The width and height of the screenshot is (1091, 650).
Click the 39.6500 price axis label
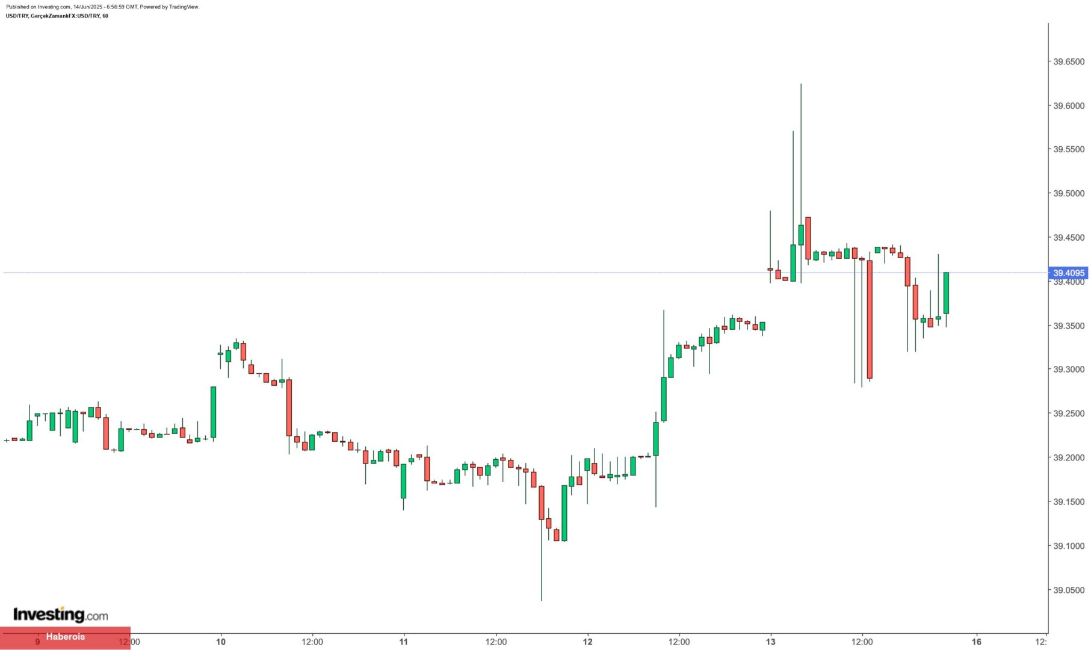(1068, 61)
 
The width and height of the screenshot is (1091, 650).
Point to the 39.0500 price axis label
(1068, 590)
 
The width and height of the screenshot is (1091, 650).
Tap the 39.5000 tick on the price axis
(1068, 193)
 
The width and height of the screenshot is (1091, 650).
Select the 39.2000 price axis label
(1068, 457)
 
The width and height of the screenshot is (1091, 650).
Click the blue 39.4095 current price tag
(1068, 273)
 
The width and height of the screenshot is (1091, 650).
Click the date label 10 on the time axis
(221, 642)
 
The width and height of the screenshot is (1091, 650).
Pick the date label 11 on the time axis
(404, 642)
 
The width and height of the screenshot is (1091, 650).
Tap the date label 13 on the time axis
(770, 642)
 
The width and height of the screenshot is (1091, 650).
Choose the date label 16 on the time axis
(977, 642)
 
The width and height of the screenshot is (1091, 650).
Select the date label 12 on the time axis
(587, 642)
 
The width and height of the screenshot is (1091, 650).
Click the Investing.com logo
(60, 614)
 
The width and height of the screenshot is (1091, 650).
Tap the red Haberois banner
(65, 637)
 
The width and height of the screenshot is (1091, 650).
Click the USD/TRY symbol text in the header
(17, 16)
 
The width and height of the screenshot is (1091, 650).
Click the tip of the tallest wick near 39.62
(801, 84)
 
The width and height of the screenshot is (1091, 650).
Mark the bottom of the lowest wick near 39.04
(541, 600)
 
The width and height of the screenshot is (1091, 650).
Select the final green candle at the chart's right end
(946, 293)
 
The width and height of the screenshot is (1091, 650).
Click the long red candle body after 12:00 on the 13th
(870, 319)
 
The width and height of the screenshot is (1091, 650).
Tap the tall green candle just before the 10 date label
(213, 412)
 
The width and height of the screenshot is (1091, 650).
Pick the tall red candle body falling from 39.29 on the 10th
(289, 407)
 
